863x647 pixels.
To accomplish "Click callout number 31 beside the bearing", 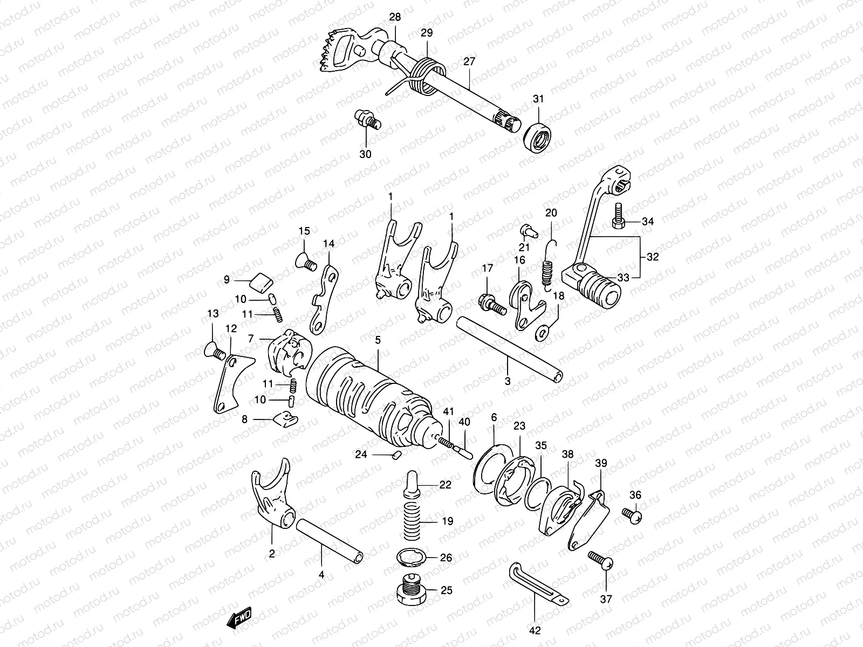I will pos(538,99).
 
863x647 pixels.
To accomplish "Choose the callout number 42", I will pos(535,630).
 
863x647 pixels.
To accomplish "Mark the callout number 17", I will pos(487,268).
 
